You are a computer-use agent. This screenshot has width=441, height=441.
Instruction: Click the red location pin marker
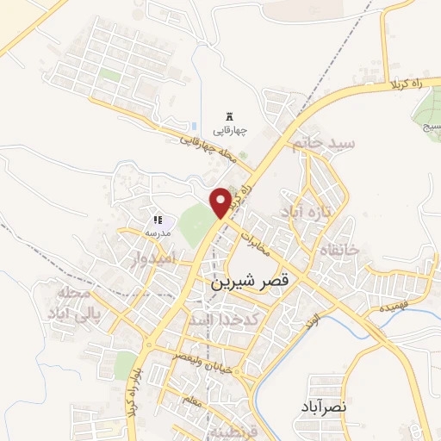pos(221,202)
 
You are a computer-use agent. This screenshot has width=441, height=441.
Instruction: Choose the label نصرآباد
pos(323,406)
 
